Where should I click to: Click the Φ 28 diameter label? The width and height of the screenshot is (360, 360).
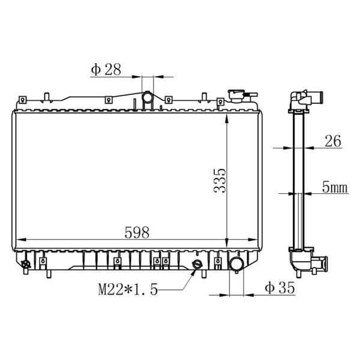click(106, 69)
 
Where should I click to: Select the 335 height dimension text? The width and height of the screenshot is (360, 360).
click(220, 181)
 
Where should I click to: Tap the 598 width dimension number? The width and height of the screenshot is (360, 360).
click(137, 232)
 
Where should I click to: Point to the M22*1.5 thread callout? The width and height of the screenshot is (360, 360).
click(128, 289)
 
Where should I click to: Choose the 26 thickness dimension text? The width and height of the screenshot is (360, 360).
click(333, 141)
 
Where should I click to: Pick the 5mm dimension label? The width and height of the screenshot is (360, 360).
click(335, 187)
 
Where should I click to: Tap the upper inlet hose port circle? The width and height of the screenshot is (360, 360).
click(147, 97)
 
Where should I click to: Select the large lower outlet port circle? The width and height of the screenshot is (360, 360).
click(236, 265)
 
